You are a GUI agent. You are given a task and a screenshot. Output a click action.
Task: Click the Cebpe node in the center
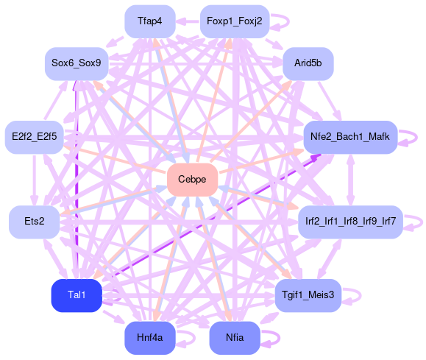192,180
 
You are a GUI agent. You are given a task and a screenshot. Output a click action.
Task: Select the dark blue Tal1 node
77,295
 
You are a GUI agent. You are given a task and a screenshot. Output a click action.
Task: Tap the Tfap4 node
150,21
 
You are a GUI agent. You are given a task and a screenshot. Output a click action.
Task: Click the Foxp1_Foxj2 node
235,21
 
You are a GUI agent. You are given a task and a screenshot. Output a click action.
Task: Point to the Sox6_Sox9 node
77,63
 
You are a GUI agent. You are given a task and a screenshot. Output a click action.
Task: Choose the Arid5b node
308,63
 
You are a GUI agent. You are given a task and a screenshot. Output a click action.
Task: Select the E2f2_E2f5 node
35,137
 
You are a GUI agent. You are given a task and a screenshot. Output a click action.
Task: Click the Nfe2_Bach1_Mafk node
350,137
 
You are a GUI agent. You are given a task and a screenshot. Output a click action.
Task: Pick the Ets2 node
35,222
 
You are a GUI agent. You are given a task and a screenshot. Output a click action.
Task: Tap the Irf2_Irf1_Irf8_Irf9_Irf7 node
350,222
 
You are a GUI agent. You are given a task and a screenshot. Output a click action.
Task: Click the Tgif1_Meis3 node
308,295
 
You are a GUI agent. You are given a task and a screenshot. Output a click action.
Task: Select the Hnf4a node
150,338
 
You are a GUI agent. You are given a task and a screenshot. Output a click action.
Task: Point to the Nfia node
235,338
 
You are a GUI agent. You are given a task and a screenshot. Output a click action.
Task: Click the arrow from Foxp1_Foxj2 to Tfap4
188,21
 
